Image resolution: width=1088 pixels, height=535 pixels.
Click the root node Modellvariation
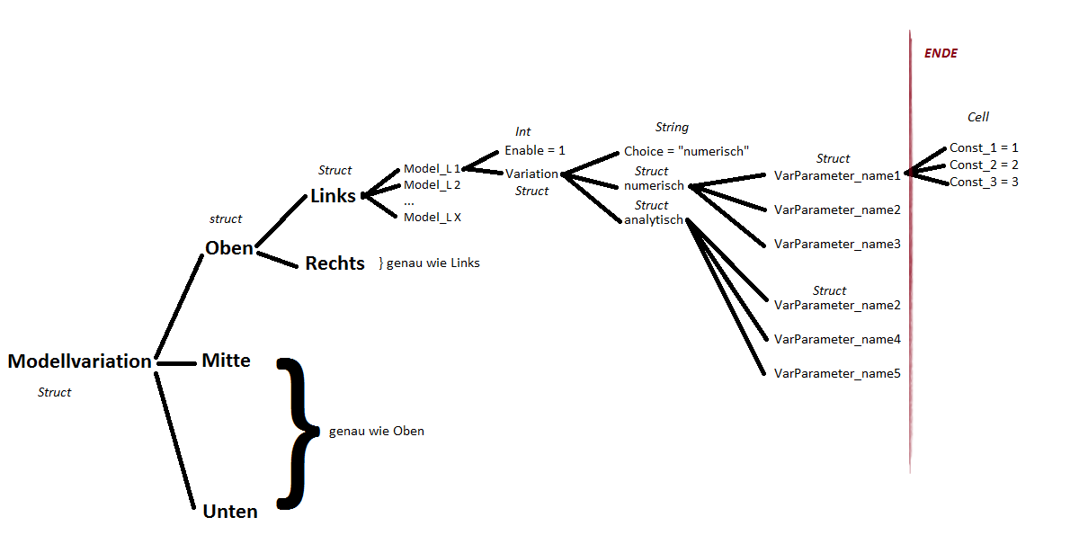[79, 361]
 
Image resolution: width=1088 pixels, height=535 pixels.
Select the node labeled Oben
[229, 248]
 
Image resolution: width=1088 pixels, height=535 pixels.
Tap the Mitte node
[226, 361]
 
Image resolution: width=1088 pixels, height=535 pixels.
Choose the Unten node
[230, 512]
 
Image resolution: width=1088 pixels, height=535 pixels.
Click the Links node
[333, 196]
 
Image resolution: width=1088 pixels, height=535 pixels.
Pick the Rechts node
[334, 263]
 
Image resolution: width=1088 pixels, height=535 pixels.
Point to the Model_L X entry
[432, 218]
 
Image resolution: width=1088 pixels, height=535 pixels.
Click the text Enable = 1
[534, 150]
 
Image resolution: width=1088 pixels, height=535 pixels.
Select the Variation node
[531, 174]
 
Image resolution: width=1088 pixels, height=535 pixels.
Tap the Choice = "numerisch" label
[686, 151]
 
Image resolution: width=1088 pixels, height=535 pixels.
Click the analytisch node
[654, 220]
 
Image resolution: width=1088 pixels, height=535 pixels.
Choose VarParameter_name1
[837, 175]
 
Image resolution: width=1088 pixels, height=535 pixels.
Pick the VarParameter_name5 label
[837, 373]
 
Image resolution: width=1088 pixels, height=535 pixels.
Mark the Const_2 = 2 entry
[984, 165]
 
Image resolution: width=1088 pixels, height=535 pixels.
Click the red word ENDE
[941, 54]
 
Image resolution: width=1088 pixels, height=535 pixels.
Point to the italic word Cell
[977, 118]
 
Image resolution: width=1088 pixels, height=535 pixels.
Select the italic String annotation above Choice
[672, 128]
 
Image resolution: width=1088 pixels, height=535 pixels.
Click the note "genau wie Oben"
[376, 432]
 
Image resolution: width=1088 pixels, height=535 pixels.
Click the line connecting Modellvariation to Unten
[175, 441]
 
